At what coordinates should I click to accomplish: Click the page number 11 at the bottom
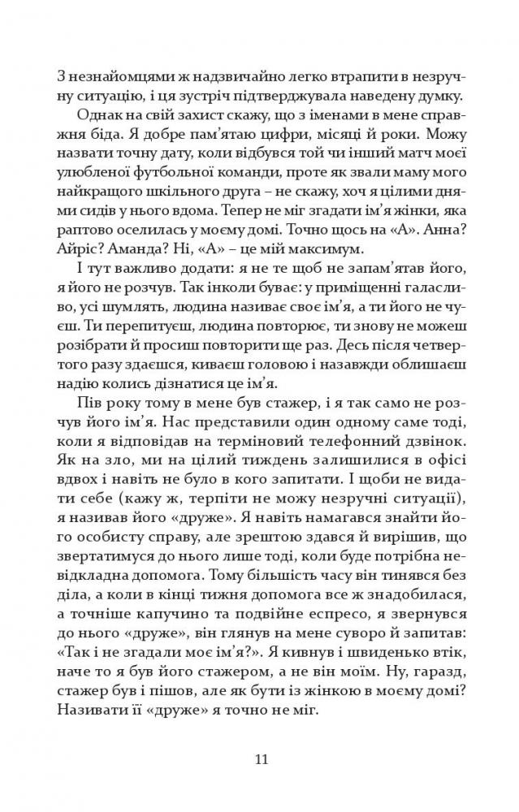click(x=260, y=760)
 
